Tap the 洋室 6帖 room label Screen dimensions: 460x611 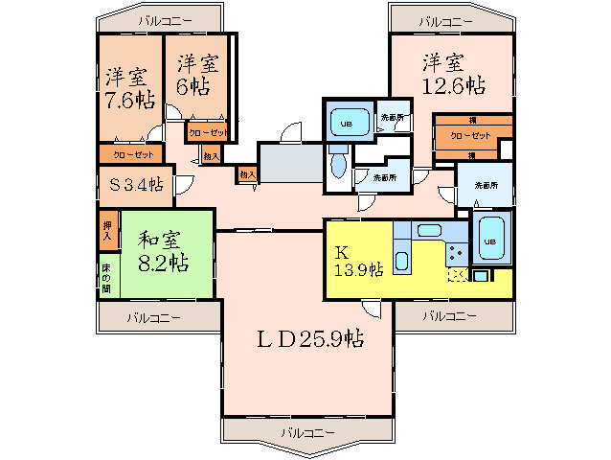[x=197, y=75]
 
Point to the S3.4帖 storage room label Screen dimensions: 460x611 [x=134, y=185]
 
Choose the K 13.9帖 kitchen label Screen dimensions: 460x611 [x=358, y=262]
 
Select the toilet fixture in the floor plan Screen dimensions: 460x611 [x=338, y=169]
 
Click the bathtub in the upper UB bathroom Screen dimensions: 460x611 [x=345, y=123]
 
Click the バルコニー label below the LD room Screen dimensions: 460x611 [x=307, y=432]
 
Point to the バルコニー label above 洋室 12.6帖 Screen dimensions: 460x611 [x=445, y=21]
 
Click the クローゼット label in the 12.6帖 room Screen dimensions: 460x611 [x=470, y=136]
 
